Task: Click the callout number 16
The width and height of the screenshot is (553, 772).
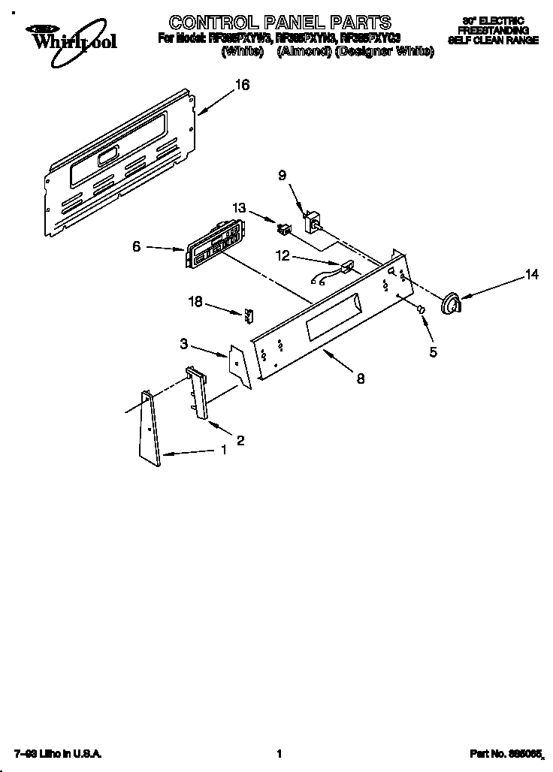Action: pyautogui.click(x=241, y=86)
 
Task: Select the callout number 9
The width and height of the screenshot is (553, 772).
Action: pyautogui.click(x=282, y=176)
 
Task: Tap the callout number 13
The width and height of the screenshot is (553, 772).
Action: pyautogui.click(x=239, y=208)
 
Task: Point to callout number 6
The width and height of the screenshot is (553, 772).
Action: pyautogui.click(x=137, y=246)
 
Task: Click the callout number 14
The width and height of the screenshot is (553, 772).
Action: pyautogui.click(x=531, y=275)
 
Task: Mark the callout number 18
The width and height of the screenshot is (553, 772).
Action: pyautogui.click(x=196, y=301)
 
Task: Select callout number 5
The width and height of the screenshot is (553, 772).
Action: pyautogui.click(x=434, y=351)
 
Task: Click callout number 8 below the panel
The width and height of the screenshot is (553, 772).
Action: pyautogui.click(x=361, y=379)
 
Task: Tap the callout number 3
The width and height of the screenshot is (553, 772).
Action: pyautogui.click(x=183, y=344)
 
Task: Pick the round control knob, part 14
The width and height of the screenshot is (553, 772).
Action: pyautogui.click(x=451, y=302)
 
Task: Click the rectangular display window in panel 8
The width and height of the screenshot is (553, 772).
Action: pyautogui.click(x=332, y=315)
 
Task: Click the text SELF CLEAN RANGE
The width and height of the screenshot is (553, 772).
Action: pyautogui.click(x=493, y=41)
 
